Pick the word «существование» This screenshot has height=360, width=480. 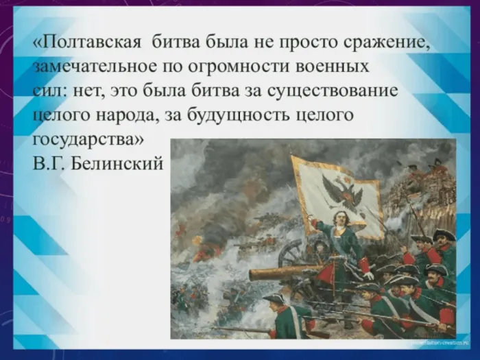(333, 91)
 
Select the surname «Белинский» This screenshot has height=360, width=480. (117, 163)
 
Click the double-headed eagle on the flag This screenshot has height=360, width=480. (342, 192)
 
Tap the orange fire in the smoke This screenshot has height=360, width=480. (200, 254)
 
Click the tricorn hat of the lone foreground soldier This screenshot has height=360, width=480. (274, 298)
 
